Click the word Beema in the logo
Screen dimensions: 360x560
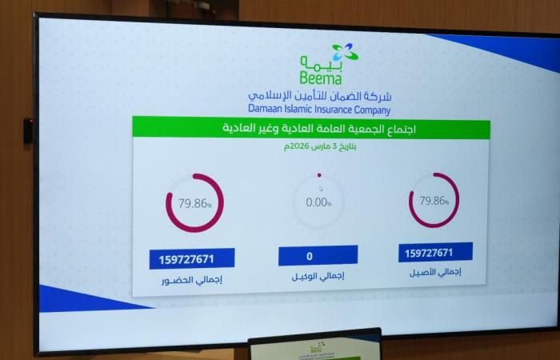322,78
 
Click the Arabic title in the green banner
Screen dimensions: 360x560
310,128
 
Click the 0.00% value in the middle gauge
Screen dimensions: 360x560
318,202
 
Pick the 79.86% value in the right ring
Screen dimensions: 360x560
433,201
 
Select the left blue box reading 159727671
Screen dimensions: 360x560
191,259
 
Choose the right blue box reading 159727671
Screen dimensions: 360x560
434,253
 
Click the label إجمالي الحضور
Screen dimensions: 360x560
192,282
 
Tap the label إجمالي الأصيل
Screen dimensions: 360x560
435,273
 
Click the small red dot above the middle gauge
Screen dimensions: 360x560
319,175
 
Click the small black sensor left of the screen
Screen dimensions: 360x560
28,130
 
